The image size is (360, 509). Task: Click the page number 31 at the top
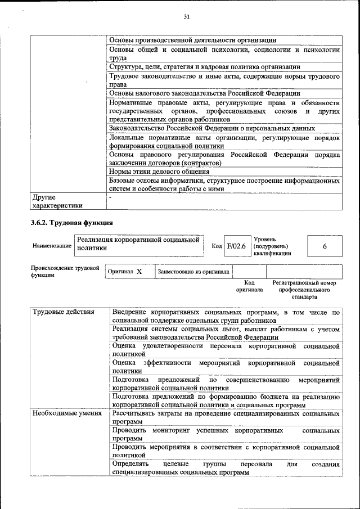tap(186, 17)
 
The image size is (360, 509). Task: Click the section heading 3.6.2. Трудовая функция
tap(67, 223)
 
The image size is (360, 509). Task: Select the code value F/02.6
tap(236, 246)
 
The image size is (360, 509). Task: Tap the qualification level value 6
tap(325, 246)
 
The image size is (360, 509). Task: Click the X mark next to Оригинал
tap(139, 272)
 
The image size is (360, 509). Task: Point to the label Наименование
tap(52, 246)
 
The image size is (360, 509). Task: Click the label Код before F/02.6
tap(217, 246)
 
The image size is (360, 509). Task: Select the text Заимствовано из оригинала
tap(193, 272)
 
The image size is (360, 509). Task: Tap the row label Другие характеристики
tap(57, 201)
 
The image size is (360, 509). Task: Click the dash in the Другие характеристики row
tap(111, 197)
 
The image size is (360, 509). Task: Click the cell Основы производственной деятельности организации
tap(192, 40)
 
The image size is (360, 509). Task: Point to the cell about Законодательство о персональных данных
tap(212, 128)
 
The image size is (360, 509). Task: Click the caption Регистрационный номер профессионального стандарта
tap(304, 289)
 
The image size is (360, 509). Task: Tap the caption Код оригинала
tap(249, 286)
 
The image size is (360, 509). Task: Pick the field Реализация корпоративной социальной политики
tap(138, 243)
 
